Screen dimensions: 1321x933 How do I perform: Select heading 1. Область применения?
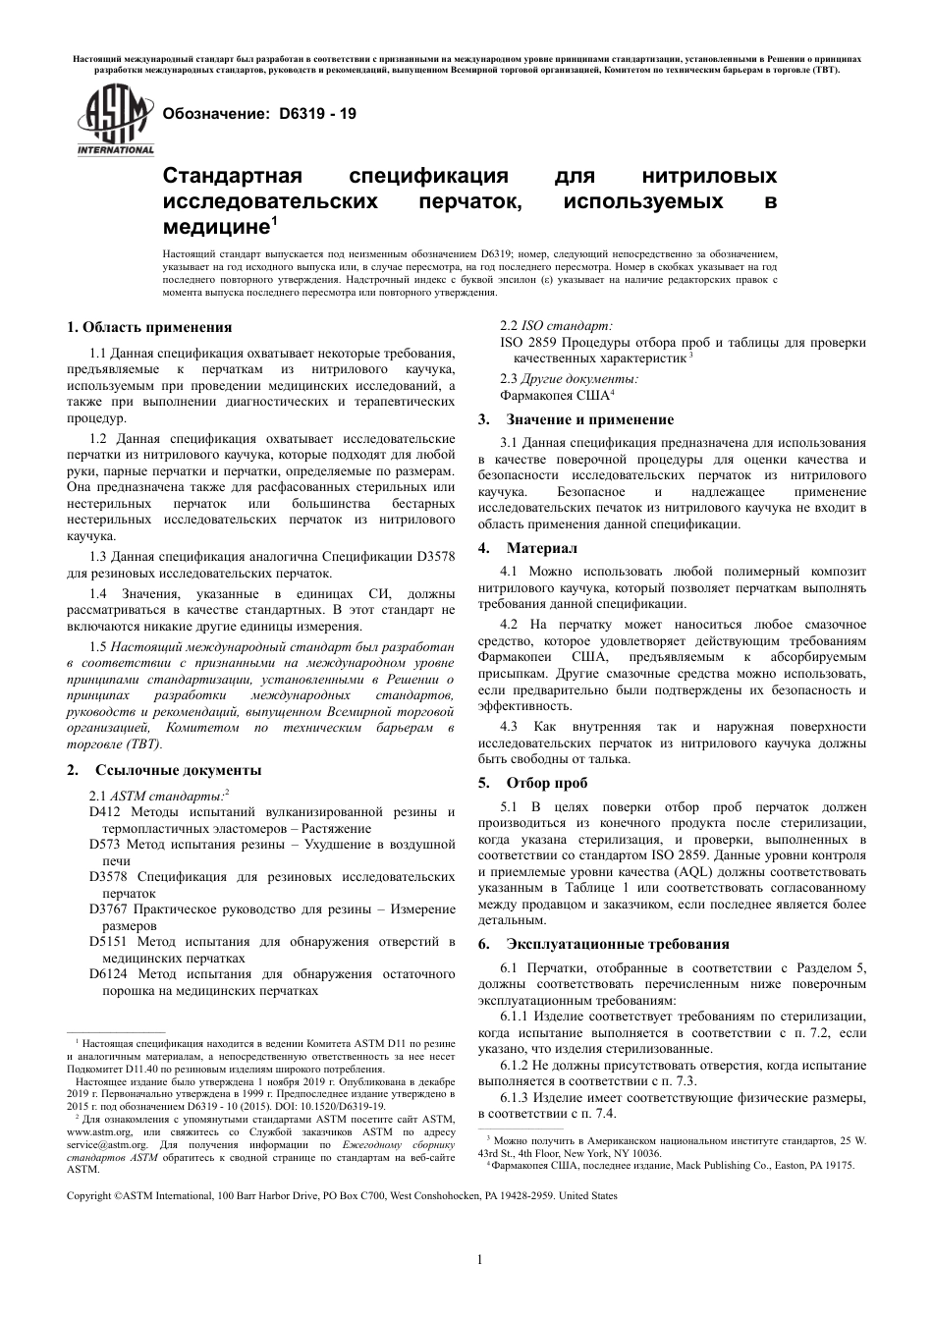(x=148, y=327)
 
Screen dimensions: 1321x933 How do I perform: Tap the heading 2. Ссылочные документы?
(x=163, y=769)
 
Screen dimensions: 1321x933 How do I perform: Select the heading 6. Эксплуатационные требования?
(x=603, y=944)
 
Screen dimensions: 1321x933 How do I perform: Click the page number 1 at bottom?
(x=478, y=1260)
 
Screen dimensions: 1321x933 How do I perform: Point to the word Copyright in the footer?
(x=88, y=1195)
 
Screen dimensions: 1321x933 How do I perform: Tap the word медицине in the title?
(x=215, y=228)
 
